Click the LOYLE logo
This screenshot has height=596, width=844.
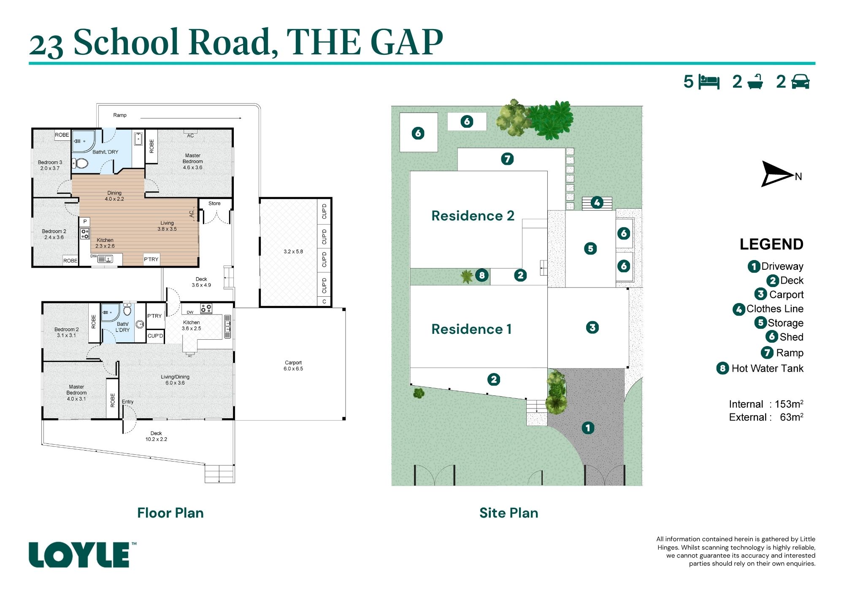79,555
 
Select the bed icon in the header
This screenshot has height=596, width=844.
709,82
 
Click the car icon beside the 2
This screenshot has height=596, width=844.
801,82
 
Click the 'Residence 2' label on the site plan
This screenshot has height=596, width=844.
473,216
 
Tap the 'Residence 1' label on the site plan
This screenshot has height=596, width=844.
471,329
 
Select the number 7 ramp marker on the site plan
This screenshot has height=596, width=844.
507,159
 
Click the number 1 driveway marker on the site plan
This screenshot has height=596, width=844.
588,428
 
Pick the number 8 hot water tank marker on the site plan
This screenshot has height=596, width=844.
482,275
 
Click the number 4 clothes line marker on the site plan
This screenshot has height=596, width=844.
597,203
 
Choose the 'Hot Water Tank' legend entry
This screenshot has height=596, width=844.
767,368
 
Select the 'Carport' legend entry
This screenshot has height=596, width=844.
786,295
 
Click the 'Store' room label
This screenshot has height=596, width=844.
214,204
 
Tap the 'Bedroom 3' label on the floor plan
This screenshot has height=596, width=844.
50,162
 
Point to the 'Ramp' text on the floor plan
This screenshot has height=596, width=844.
120,115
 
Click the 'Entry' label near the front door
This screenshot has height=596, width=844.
128,402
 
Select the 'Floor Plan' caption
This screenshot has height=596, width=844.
170,513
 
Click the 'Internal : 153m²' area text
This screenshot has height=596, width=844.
766,404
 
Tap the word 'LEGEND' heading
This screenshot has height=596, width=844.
771,244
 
